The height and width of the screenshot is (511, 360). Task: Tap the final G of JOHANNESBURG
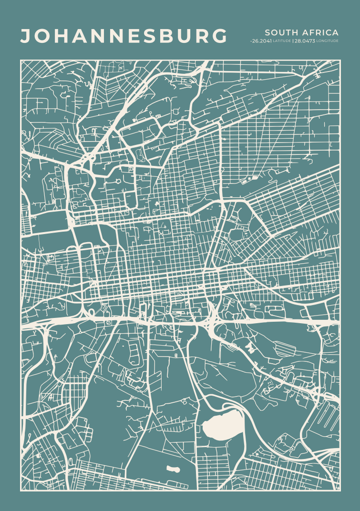219,37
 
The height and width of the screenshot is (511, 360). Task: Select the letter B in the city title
165,37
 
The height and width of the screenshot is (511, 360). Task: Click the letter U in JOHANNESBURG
183,37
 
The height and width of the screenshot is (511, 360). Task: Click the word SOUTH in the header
278,32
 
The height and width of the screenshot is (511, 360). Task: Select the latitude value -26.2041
261,41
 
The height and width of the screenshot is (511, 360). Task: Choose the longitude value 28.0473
305,41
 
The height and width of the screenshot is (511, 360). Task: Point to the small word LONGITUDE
328,41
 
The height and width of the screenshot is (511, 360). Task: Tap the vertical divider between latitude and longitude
293,41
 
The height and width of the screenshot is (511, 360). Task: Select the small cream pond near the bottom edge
173,469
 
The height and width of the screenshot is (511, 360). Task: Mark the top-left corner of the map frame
21,60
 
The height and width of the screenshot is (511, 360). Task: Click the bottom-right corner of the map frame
340,491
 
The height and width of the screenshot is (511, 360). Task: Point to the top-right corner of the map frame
340,60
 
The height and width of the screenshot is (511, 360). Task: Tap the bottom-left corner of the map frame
21,491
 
